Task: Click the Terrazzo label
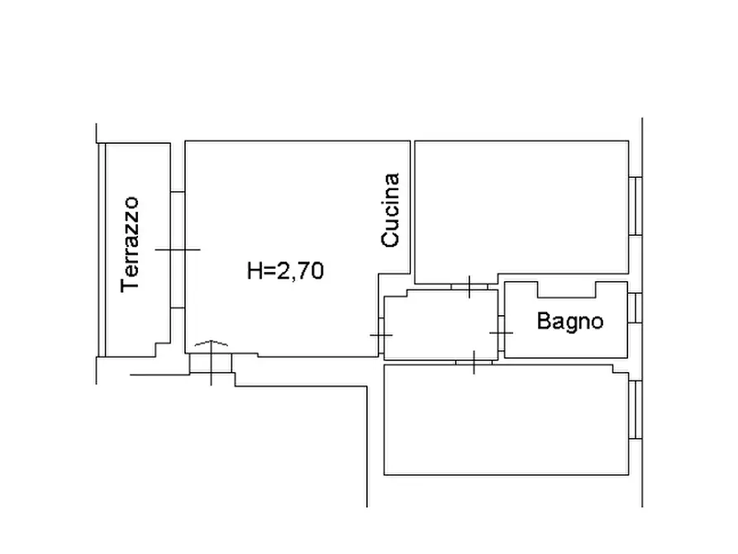click(130, 245)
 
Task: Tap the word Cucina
click(390, 210)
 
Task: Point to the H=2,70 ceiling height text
click(286, 271)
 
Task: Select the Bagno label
click(570, 322)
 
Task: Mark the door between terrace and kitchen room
click(178, 250)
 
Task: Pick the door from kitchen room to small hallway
click(381, 336)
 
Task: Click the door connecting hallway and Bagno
click(502, 333)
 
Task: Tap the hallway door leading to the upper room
click(469, 286)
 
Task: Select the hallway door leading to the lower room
click(474, 362)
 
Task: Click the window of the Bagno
click(635, 308)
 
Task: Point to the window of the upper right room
click(636, 206)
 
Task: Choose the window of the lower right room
click(636, 410)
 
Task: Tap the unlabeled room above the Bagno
click(521, 208)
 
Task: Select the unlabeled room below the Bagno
click(506, 419)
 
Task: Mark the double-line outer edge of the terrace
click(102, 250)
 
